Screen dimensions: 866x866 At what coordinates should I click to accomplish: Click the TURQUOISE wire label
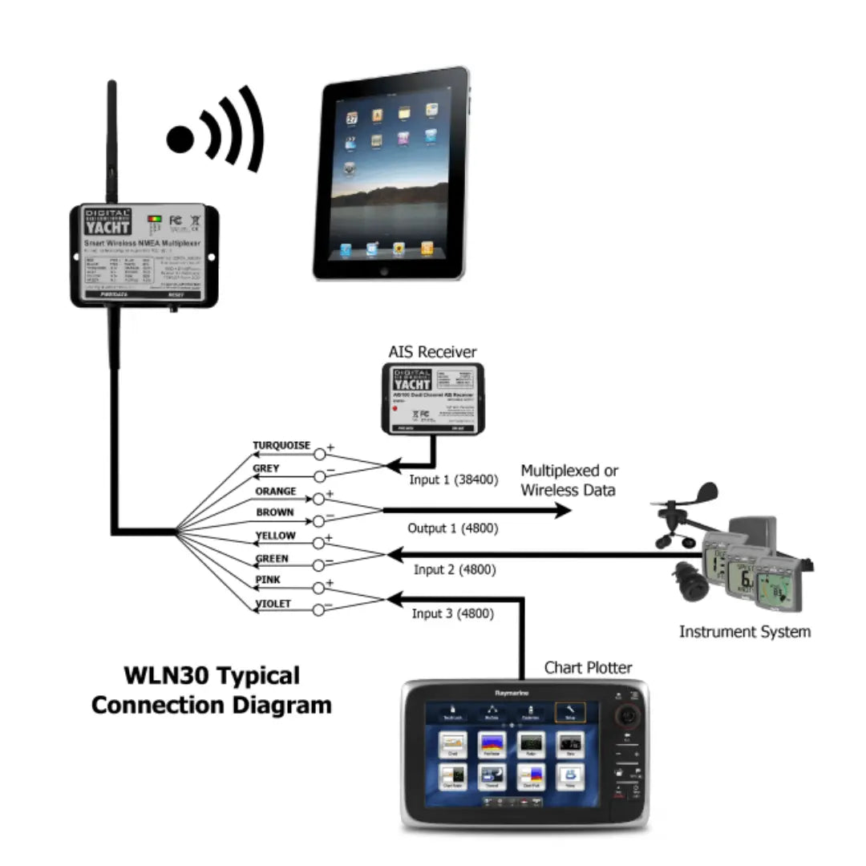click(x=281, y=446)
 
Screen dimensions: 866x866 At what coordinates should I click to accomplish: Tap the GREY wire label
click(x=265, y=468)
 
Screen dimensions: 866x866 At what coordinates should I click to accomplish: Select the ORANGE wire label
click(x=275, y=491)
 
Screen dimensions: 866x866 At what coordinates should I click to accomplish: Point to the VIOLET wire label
click(x=273, y=604)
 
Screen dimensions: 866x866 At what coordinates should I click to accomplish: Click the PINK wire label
click(x=267, y=580)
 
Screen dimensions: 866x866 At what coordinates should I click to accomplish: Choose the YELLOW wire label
click(x=275, y=536)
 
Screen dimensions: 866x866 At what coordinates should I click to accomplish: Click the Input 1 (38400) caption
click(x=454, y=480)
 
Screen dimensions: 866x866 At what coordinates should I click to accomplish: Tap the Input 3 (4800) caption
click(x=453, y=613)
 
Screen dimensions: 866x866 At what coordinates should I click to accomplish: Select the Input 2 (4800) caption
click(x=455, y=569)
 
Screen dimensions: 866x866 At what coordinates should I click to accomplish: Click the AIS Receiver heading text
click(x=432, y=352)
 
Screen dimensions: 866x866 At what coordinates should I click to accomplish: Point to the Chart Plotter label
click(x=588, y=667)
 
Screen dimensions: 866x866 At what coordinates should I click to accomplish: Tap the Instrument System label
click(x=744, y=631)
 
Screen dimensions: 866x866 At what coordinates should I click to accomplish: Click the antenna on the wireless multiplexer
click(x=111, y=140)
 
